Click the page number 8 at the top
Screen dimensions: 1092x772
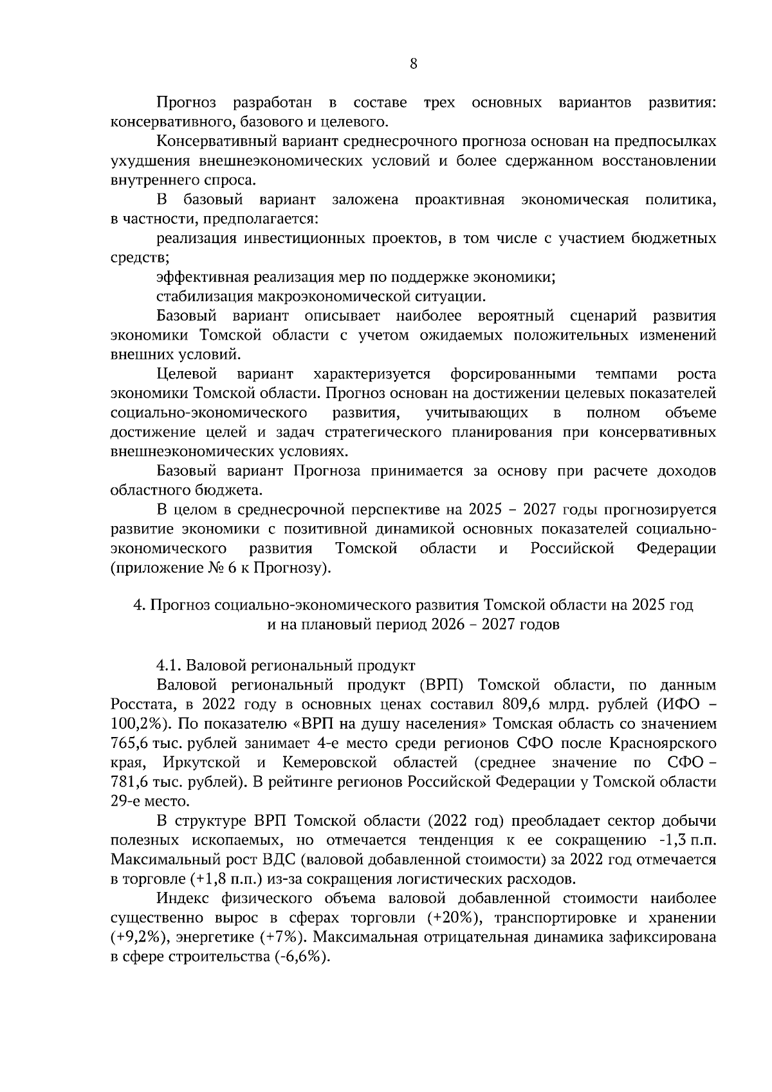point(413,64)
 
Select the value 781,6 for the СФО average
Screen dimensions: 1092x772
point(129,782)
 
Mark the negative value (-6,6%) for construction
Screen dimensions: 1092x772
point(302,956)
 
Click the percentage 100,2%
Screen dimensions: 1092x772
point(136,724)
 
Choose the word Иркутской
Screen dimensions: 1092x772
point(202,763)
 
